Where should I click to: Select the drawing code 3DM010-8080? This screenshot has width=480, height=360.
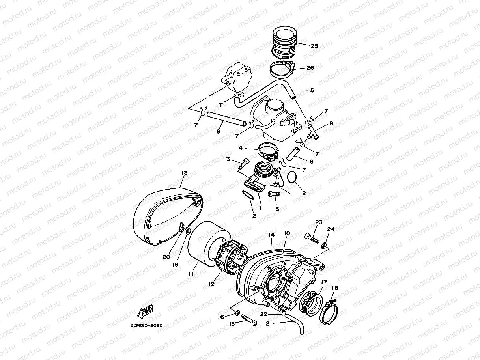[146, 326]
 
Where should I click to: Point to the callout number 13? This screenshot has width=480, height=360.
[184, 173]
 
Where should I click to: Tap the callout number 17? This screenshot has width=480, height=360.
[323, 282]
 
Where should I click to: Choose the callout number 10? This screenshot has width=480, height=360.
[287, 234]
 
